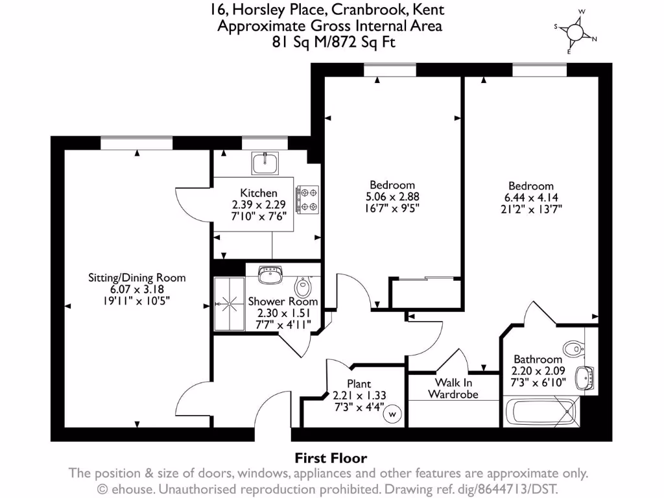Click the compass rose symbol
tap(575, 32)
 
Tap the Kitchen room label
tap(259, 193)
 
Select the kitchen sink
tap(265, 163)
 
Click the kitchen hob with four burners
tap(307, 200)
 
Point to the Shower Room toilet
tap(303, 286)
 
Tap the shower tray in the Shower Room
tap(230, 302)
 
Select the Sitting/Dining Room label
tap(137, 278)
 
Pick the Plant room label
tap(359, 384)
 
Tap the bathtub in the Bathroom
tap(541, 412)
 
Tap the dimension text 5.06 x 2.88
tap(392, 196)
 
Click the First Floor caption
tap(331, 458)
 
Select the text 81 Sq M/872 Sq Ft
tap(331, 42)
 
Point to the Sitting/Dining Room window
tap(137, 143)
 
